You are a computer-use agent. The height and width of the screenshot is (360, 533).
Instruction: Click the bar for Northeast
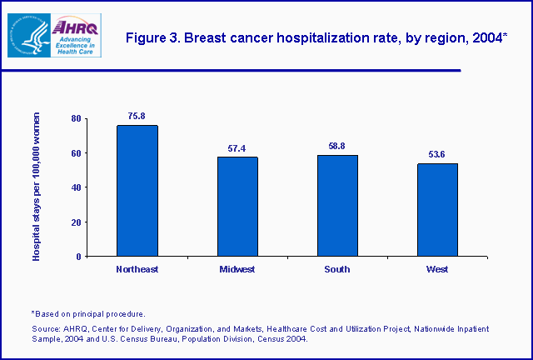137,191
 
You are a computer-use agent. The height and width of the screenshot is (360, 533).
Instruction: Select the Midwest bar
237,207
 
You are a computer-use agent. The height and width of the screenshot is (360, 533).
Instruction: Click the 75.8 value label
137,117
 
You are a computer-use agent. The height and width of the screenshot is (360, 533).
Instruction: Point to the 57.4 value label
237,148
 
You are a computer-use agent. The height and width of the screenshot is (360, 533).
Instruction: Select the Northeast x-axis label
137,269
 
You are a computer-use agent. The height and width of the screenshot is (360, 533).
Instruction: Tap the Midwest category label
237,269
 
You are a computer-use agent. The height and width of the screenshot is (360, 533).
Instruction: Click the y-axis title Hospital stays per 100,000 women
37,187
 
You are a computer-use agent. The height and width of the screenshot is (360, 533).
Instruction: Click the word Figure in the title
143,37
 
